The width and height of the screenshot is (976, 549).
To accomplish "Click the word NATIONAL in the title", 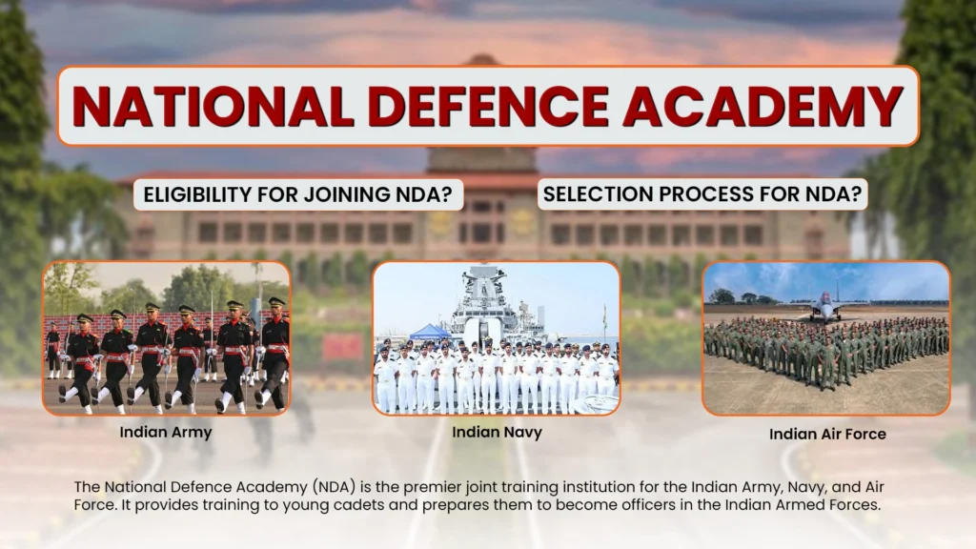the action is tap(213, 106).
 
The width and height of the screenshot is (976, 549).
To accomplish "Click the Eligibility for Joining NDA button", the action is tap(298, 194).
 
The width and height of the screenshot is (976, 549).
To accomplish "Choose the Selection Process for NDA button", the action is tap(702, 194).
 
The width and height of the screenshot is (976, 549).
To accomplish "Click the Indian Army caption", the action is tap(166, 432).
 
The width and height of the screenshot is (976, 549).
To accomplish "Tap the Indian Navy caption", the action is tap(497, 432).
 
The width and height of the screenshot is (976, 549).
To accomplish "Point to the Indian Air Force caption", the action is tap(827, 434).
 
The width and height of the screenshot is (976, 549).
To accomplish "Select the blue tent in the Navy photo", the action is tap(430, 332).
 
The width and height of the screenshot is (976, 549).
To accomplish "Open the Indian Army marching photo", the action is tap(166, 338).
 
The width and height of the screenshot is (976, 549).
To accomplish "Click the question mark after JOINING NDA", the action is tap(446, 194).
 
